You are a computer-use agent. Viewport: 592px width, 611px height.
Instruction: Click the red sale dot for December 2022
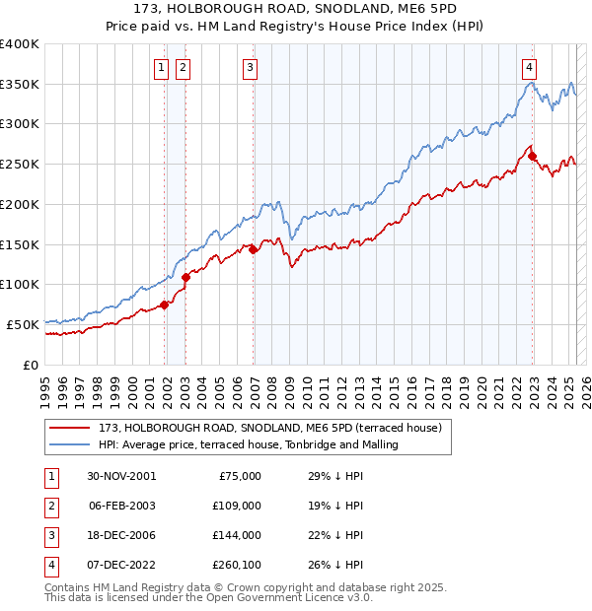tap(533, 156)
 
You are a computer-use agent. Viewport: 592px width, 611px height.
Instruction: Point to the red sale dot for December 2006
tap(254, 249)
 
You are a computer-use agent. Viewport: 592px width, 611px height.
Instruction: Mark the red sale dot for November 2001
tap(165, 305)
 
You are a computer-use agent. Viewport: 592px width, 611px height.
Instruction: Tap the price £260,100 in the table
tap(237, 564)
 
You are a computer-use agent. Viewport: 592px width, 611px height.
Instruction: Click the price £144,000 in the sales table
tap(237, 534)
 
